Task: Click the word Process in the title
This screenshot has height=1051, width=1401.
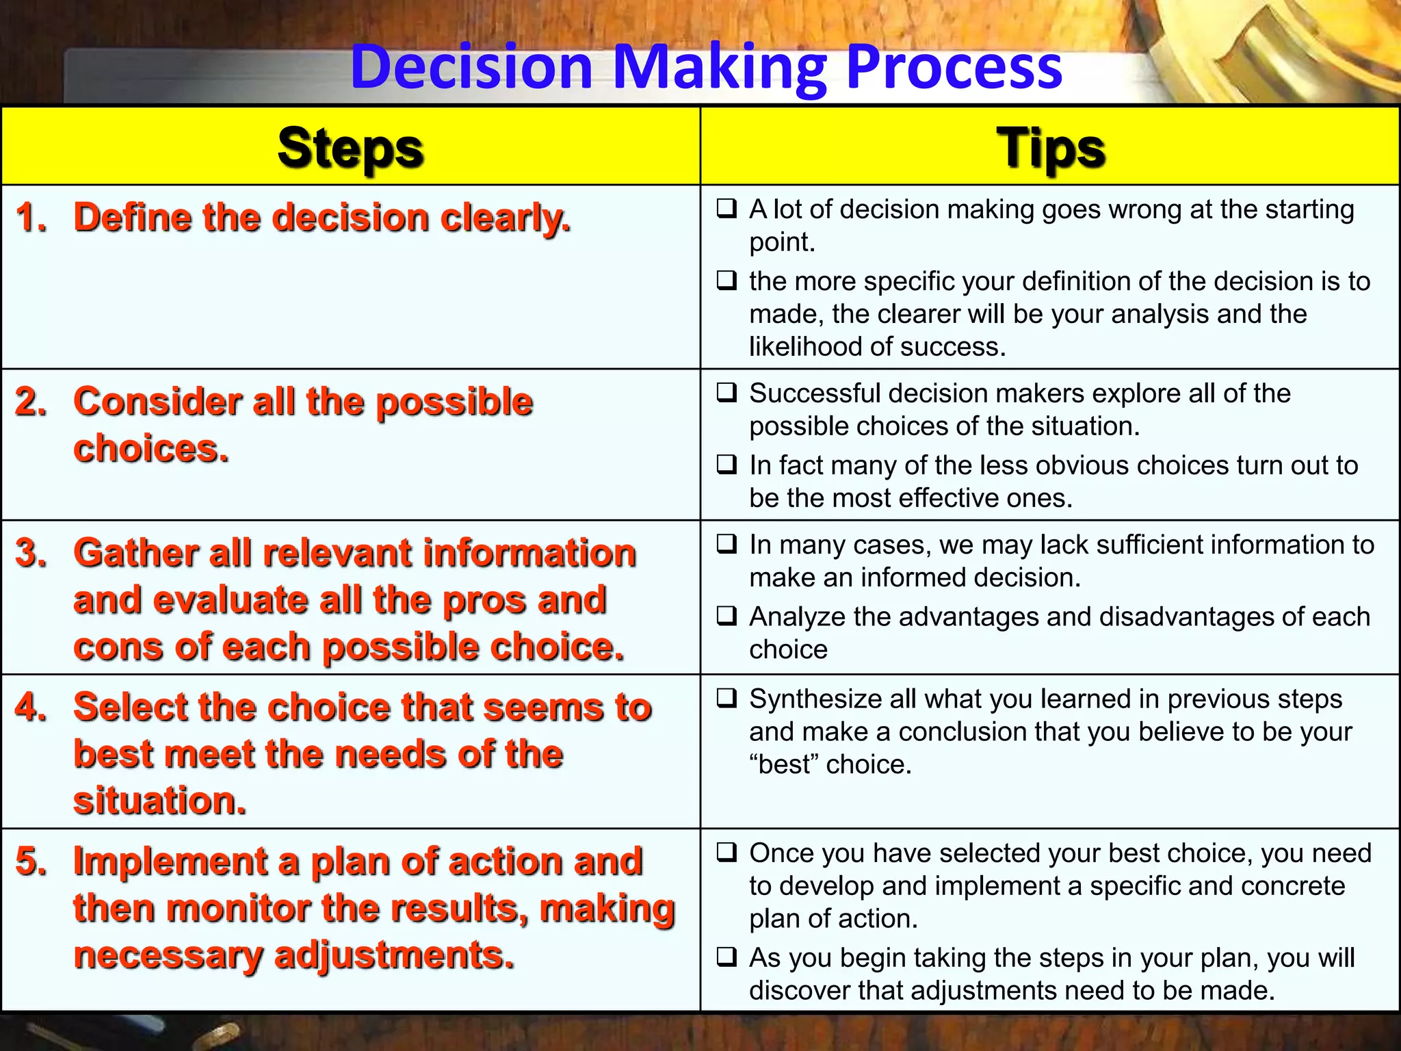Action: tap(954, 67)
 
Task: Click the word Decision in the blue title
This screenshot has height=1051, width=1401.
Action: tap(471, 67)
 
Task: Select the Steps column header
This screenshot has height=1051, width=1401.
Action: tap(350, 148)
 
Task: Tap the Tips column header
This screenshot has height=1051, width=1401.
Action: tap(1050, 148)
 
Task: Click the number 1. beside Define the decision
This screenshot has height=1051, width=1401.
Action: tap(31, 218)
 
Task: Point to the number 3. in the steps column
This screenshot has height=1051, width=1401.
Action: tap(31, 553)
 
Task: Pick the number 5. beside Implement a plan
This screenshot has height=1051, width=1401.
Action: tap(31, 861)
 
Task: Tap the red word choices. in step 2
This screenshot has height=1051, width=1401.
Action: tap(151, 449)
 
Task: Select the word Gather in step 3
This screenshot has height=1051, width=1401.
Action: tap(137, 553)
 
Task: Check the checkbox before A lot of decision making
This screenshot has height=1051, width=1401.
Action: tap(726, 208)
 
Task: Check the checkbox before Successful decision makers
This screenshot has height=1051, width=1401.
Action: tap(726, 393)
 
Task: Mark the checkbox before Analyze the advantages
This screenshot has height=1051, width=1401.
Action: tap(726, 617)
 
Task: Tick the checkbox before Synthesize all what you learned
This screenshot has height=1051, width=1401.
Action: tap(726, 699)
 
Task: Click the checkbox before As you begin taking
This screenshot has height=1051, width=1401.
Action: tap(726, 957)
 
